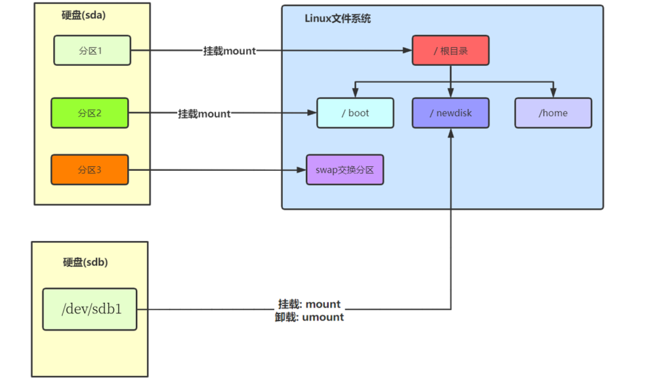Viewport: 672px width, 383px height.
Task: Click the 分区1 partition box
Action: pyautogui.click(x=92, y=51)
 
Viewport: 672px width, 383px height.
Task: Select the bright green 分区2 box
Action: pyautogui.click(x=90, y=113)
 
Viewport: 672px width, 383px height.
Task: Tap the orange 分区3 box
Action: pyautogui.click(x=90, y=169)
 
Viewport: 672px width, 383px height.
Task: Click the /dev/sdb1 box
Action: pyautogui.click(x=90, y=309)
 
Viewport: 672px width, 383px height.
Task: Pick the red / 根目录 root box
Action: pyautogui.click(x=450, y=51)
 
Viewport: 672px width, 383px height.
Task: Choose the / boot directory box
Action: pyautogui.click(x=355, y=113)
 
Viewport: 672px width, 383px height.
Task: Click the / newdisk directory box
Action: pyautogui.click(x=451, y=113)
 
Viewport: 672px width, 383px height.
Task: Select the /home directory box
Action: pyautogui.click(x=553, y=113)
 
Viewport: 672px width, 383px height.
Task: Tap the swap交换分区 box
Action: pyautogui.click(x=345, y=169)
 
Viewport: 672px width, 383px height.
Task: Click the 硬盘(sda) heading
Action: pyautogui.click(x=83, y=15)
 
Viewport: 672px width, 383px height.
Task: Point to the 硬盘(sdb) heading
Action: pyautogui.click(x=85, y=262)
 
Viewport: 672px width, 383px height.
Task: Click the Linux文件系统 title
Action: pyautogui.click(x=338, y=18)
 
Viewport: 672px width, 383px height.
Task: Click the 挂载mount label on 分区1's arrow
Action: pyautogui.click(x=230, y=51)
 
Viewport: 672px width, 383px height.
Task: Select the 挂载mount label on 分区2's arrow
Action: pyautogui.click(x=205, y=114)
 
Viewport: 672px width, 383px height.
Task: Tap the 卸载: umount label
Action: pyautogui.click(x=309, y=317)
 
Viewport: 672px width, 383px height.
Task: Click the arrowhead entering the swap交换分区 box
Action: pyautogui.click(x=302, y=170)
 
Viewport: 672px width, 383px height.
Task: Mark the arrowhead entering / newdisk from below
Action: pyautogui.click(x=451, y=132)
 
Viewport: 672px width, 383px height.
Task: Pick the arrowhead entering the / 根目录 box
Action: pyautogui.click(x=408, y=51)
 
